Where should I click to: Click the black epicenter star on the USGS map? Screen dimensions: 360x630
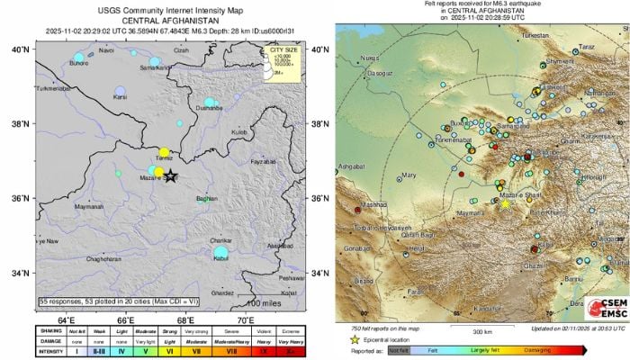coord(172,177)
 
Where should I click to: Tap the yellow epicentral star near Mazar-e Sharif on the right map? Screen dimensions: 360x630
coord(505,204)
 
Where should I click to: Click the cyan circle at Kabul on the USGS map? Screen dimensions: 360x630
coord(220,255)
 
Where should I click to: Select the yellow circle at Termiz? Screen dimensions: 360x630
coord(164,153)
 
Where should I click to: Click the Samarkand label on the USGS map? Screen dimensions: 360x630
coord(155,67)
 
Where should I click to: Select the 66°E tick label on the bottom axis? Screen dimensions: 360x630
coord(126,319)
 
